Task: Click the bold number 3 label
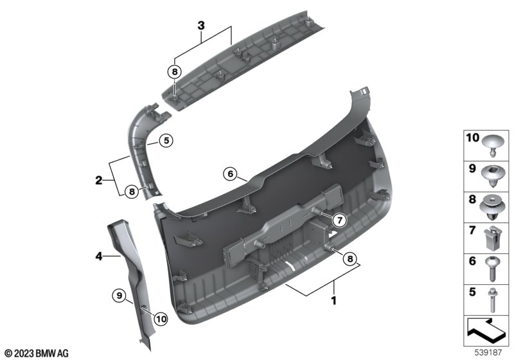click(x=201, y=26)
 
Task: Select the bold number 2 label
click(x=99, y=181)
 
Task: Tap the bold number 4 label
click(x=99, y=256)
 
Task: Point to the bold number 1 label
click(x=333, y=300)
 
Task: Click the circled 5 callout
click(x=166, y=141)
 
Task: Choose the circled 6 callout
click(x=230, y=174)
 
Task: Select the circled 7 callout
click(x=340, y=221)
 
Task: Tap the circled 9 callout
click(x=120, y=296)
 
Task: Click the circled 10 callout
click(x=161, y=319)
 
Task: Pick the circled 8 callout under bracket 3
click(x=175, y=71)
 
